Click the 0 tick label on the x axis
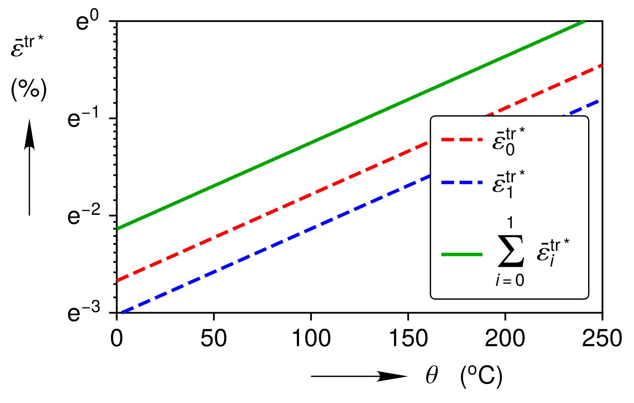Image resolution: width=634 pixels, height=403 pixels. point(117,339)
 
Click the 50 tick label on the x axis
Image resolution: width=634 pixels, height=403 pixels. point(213,339)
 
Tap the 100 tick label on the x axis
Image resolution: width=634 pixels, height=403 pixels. point(311,339)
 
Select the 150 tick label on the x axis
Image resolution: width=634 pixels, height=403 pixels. point(408,339)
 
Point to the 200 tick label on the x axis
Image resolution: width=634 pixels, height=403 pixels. point(505,339)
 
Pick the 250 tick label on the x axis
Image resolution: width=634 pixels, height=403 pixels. point(602,339)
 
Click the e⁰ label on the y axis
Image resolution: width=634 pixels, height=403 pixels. point(87,21)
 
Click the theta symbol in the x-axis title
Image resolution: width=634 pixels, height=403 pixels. point(432,376)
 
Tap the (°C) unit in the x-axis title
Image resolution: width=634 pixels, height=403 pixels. point(481,376)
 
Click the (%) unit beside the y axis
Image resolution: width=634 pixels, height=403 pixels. point(29,90)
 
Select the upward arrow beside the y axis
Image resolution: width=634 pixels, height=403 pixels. point(29,167)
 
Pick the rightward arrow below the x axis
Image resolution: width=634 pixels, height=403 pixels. point(359,376)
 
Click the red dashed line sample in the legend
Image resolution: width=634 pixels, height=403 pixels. point(462,139)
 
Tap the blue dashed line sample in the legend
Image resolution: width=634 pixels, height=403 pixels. point(462,182)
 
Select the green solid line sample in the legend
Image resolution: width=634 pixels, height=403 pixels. point(462,254)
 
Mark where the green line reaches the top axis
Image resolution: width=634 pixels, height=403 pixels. point(583,21)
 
